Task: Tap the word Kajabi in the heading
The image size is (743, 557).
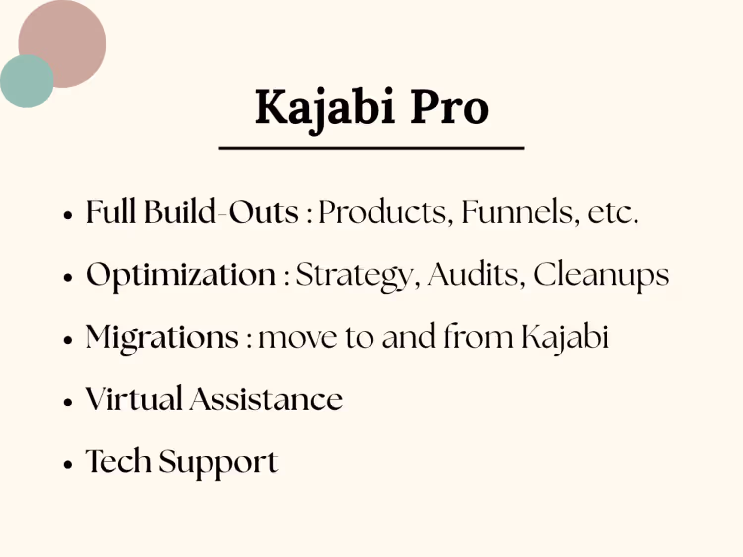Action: [x=325, y=110]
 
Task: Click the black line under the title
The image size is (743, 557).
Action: [x=371, y=148]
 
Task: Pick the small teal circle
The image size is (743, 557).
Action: [x=27, y=82]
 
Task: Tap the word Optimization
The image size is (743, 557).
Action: [x=181, y=276]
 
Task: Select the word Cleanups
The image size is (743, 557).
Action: [x=601, y=276]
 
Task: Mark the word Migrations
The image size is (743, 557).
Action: [x=162, y=338]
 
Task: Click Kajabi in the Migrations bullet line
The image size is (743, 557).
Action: [x=565, y=338]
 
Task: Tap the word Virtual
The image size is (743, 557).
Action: [x=134, y=399]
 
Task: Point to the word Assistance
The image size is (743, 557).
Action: [x=266, y=399]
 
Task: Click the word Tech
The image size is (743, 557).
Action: [x=118, y=460]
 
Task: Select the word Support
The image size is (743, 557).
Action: [x=218, y=463]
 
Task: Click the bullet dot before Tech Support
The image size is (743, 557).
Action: [x=68, y=464]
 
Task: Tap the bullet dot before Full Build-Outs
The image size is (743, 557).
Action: [x=68, y=215]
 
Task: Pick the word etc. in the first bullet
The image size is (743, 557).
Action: [x=613, y=213]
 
